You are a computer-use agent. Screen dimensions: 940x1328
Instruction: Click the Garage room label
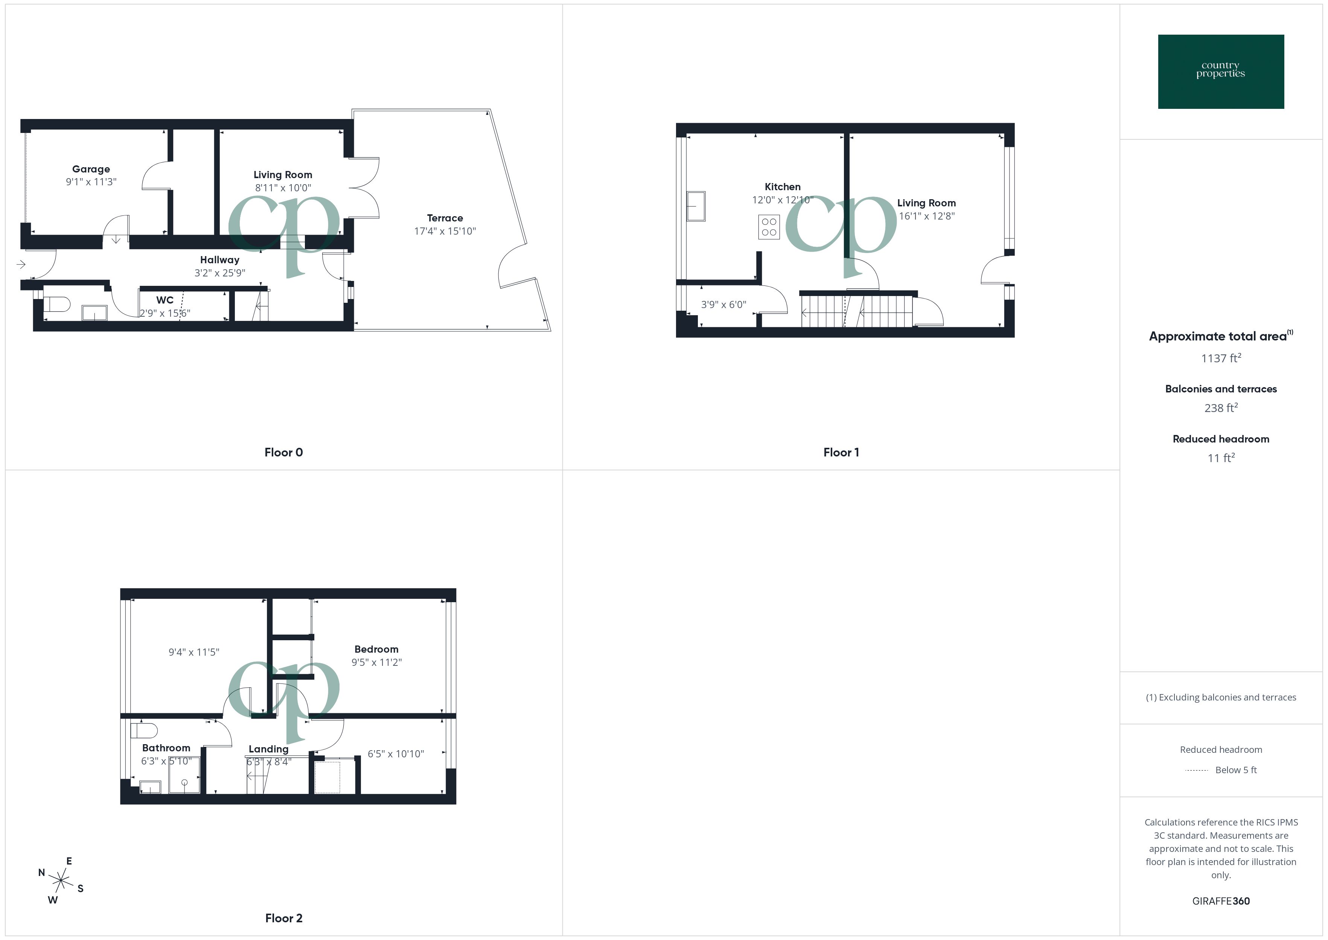(x=91, y=169)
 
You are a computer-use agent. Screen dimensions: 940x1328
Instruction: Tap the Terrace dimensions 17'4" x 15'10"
(x=445, y=231)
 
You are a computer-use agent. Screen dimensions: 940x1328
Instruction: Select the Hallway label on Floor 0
(x=220, y=260)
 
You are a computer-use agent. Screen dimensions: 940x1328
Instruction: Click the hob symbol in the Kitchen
(x=769, y=227)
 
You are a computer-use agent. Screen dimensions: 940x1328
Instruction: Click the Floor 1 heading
(x=841, y=453)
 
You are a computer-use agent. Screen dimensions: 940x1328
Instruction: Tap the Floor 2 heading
(x=283, y=918)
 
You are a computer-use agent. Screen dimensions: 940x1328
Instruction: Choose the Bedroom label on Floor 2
(x=376, y=649)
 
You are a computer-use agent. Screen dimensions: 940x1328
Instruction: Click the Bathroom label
(x=166, y=748)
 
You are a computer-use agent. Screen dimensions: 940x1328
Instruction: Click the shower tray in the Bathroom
(x=184, y=775)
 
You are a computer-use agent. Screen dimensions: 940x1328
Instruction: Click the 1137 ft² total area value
(x=1220, y=358)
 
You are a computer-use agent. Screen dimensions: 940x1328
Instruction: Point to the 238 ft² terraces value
(x=1220, y=408)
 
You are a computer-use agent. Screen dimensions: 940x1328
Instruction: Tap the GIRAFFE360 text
(x=1220, y=901)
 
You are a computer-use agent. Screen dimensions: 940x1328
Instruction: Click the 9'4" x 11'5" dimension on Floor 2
(x=194, y=652)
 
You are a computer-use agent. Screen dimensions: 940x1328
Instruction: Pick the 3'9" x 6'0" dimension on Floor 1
(x=723, y=304)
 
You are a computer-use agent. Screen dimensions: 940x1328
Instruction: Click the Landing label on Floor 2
(x=268, y=749)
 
